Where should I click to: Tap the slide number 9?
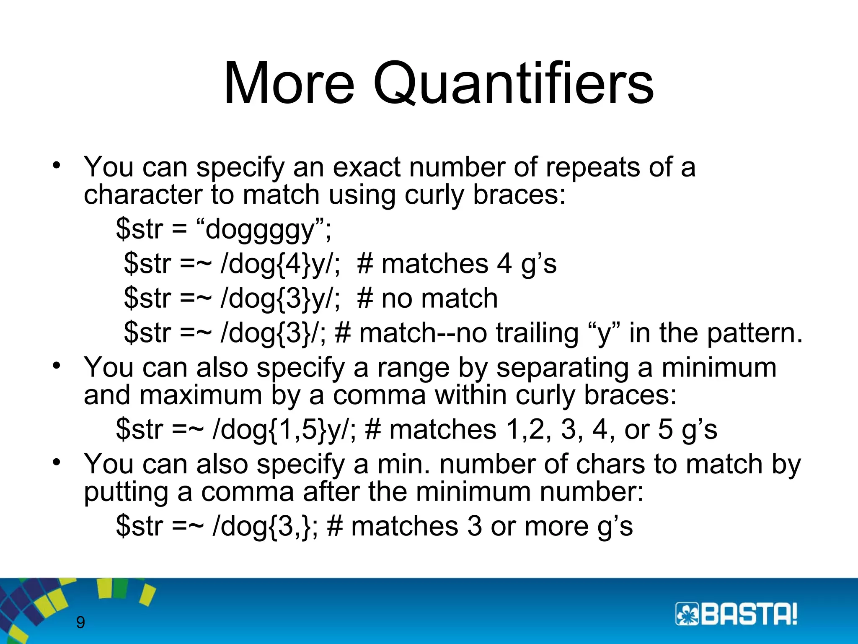[80, 622]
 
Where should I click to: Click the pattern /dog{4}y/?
[279, 264]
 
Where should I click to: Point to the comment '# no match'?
[428, 299]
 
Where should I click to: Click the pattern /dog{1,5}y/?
[284, 430]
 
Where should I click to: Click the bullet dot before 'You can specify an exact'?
[57, 165]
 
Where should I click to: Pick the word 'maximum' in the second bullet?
[201, 395]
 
